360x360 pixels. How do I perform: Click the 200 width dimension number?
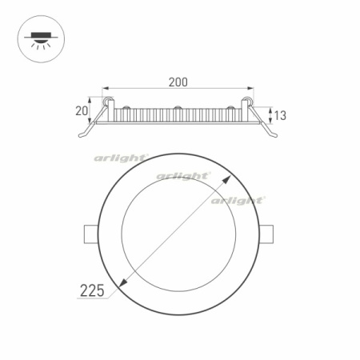tap(178, 82)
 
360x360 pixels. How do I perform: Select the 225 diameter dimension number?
tap(93, 290)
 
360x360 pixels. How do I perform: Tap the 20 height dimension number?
tap(81, 110)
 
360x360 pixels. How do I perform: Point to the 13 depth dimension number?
tap(280, 115)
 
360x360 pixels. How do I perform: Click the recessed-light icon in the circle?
tap(40, 40)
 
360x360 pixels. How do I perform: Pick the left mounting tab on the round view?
tap(88, 233)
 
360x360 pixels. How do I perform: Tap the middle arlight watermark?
tap(183, 175)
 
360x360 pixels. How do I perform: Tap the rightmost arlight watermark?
tap(238, 200)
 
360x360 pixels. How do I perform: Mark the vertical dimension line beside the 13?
tap(269, 114)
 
